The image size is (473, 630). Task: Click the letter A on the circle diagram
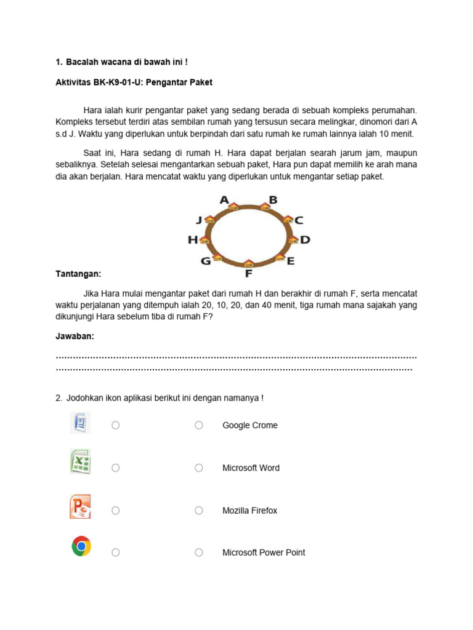click(x=224, y=200)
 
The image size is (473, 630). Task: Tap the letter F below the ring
click(x=249, y=274)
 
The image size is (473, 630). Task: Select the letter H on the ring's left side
click(x=193, y=240)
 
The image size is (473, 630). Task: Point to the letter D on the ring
click(x=305, y=240)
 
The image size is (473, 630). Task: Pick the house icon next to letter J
click(x=210, y=220)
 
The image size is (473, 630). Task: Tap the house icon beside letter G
click(x=217, y=258)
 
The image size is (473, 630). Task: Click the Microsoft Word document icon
click(x=80, y=423)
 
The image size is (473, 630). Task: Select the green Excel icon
click(x=80, y=461)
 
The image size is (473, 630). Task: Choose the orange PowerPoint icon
click(x=80, y=506)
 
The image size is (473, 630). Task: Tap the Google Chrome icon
click(x=81, y=546)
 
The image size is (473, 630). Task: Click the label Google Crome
click(x=249, y=425)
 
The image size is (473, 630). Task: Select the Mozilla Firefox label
click(x=249, y=511)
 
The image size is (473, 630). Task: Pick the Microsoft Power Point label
click(x=264, y=552)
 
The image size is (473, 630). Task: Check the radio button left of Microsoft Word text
click(x=199, y=468)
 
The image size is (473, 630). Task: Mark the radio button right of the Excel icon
click(x=115, y=468)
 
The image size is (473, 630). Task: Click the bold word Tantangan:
click(x=78, y=273)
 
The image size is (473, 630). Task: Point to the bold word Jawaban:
click(x=75, y=336)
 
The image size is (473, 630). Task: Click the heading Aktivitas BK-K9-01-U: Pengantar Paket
click(x=134, y=82)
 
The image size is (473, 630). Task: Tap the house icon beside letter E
click(x=279, y=257)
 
